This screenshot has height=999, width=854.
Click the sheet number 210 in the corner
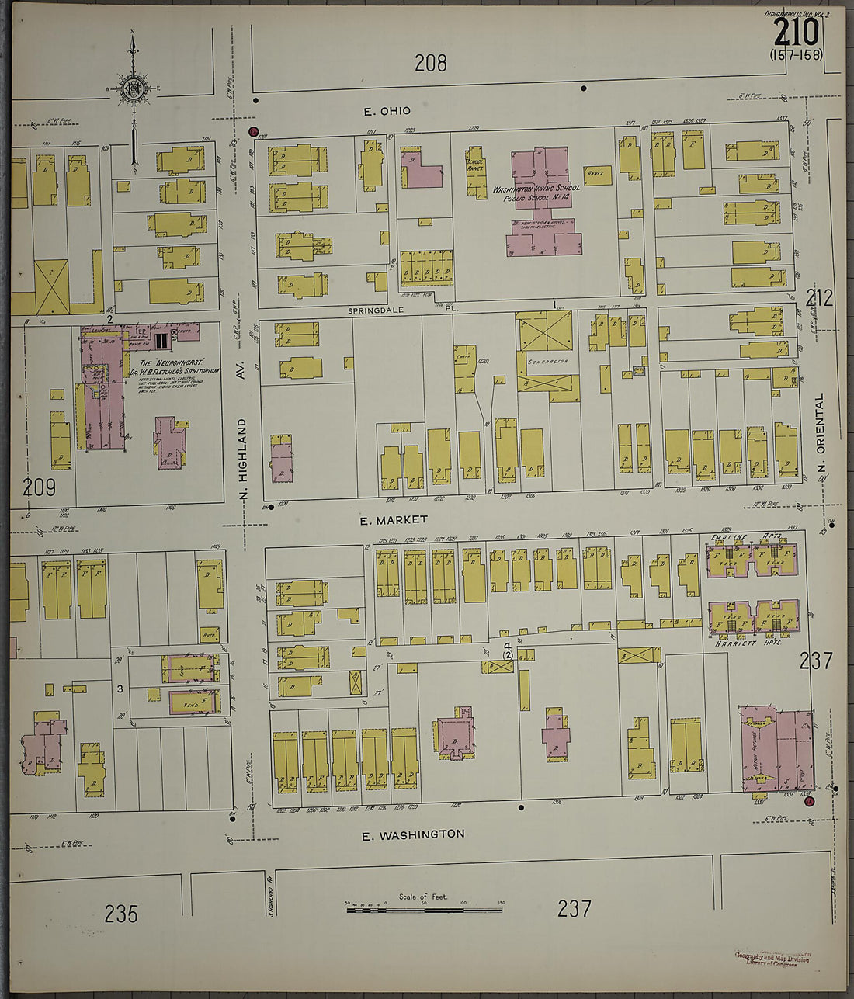point(797,33)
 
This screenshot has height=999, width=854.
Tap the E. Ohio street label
point(387,112)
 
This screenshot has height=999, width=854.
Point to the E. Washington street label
point(414,834)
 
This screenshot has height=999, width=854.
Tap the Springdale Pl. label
point(403,309)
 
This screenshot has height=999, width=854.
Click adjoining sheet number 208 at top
point(430,63)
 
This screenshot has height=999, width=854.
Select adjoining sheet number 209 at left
point(39,487)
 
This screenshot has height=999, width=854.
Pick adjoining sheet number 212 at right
point(819,297)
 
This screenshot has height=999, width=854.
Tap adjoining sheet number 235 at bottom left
point(121,914)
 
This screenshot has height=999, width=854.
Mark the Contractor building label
point(547,361)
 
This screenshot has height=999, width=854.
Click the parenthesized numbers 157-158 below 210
point(796,55)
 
